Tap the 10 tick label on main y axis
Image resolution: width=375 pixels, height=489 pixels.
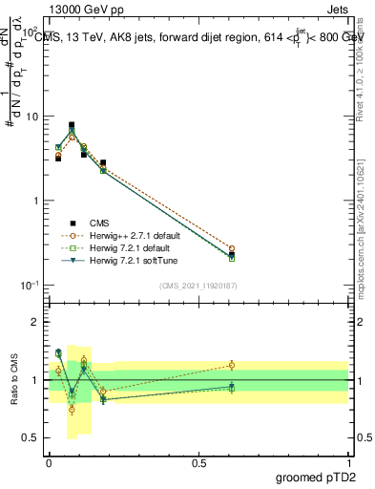pos(31,117)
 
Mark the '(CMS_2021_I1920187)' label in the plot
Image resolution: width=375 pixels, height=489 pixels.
pos(198,286)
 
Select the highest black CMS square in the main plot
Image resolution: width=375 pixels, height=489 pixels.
pos(72,125)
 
